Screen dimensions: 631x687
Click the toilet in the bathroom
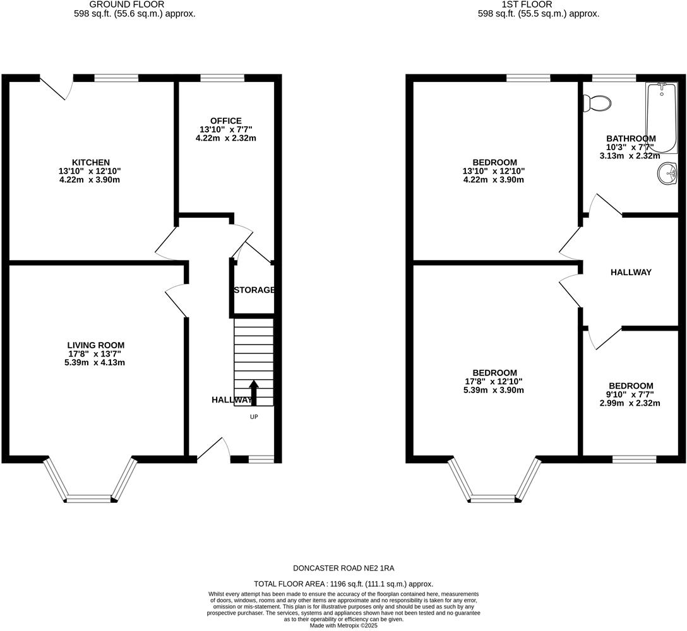click(x=597, y=103)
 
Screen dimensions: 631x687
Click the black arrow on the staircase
click(x=254, y=392)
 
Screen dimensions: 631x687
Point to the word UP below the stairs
click(x=254, y=416)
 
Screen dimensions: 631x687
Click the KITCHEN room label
click(x=91, y=162)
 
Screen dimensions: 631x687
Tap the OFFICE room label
click(x=226, y=121)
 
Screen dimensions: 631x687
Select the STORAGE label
click(x=254, y=290)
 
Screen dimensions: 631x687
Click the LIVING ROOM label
click(x=96, y=345)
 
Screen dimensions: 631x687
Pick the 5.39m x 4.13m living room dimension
click(x=96, y=363)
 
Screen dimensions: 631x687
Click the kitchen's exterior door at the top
click(x=56, y=87)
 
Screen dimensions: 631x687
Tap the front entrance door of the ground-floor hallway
click(x=213, y=449)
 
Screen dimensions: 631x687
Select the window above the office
click(x=222, y=78)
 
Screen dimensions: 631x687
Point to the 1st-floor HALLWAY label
click(x=631, y=272)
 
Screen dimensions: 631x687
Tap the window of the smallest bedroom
click(x=634, y=459)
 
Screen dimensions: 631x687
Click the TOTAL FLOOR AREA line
click(x=343, y=584)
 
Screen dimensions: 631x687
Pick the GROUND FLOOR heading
click(x=134, y=4)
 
